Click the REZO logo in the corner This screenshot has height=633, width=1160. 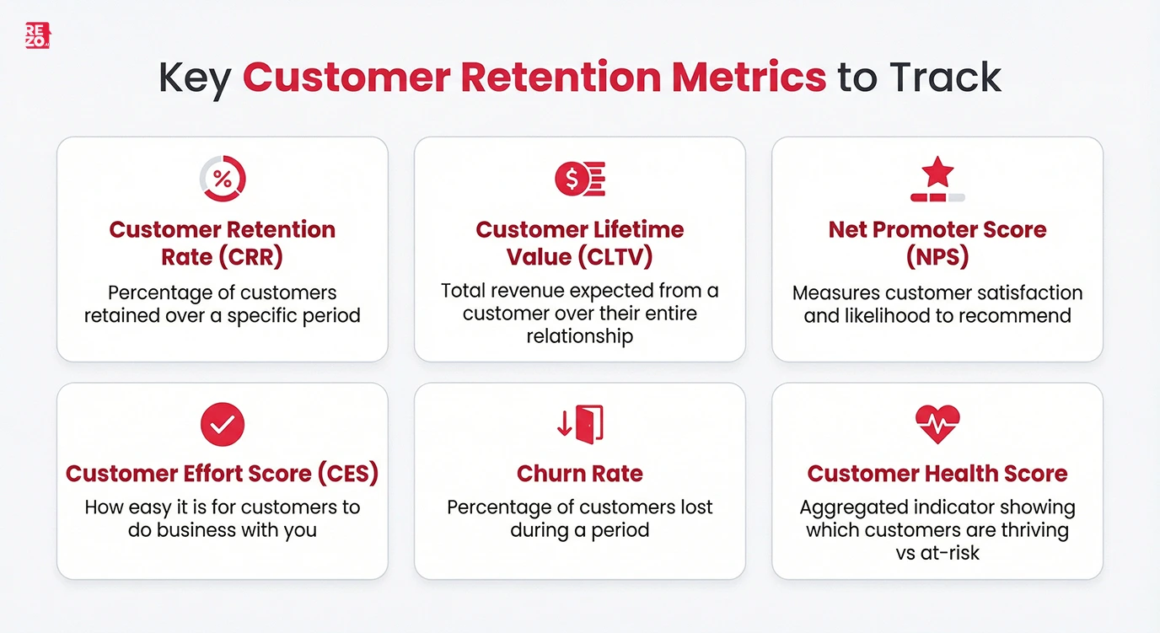point(37,35)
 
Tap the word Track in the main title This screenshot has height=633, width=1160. point(943,78)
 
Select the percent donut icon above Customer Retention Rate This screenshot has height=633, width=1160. point(223,178)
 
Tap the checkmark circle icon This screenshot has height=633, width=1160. point(223,424)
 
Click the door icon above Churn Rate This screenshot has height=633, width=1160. point(588,423)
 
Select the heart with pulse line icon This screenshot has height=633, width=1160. point(937,424)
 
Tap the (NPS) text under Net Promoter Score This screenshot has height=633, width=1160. point(937,256)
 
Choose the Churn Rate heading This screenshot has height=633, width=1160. point(580,474)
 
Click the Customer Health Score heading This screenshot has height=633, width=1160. point(937,474)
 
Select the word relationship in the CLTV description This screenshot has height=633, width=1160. point(580,336)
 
